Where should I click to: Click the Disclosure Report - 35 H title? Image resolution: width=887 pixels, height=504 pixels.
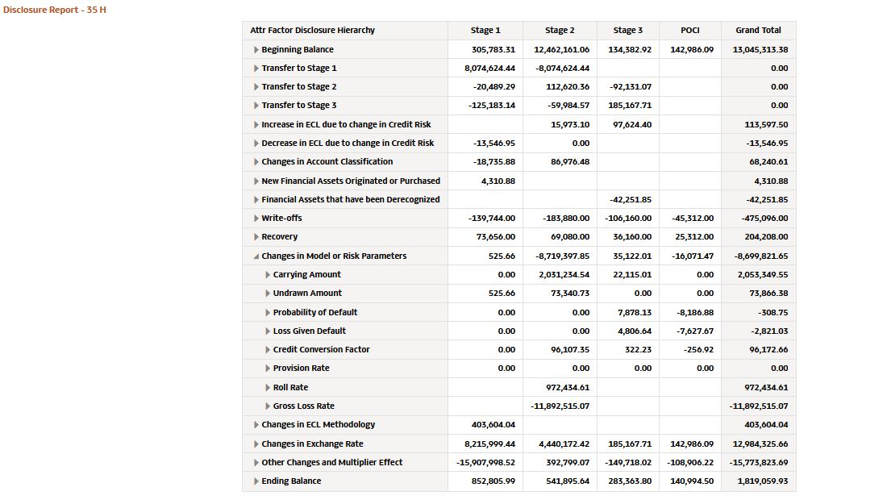(x=55, y=10)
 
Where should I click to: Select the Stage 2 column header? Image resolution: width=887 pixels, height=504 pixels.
(x=560, y=31)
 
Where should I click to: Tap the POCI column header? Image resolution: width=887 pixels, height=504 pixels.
(x=690, y=31)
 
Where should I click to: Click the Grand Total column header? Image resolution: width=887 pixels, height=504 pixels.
(x=758, y=31)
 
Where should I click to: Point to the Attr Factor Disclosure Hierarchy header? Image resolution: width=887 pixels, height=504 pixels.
(x=312, y=31)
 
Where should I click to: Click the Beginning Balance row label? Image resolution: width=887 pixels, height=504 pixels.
(x=298, y=50)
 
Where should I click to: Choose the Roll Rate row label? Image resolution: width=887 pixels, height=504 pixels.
(x=290, y=388)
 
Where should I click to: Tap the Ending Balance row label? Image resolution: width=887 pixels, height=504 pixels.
(x=291, y=481)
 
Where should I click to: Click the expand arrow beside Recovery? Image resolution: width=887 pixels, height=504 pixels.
(x=256, y=237)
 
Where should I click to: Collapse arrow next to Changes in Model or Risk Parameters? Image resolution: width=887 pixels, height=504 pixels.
(x=256, y=256)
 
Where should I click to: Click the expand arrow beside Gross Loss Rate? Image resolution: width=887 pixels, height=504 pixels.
(x=268, y=406)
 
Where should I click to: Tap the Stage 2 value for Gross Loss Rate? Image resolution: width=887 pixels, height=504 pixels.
(x=560, y=406)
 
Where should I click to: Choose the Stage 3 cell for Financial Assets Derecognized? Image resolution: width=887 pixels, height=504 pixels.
(x=631, y=199)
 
